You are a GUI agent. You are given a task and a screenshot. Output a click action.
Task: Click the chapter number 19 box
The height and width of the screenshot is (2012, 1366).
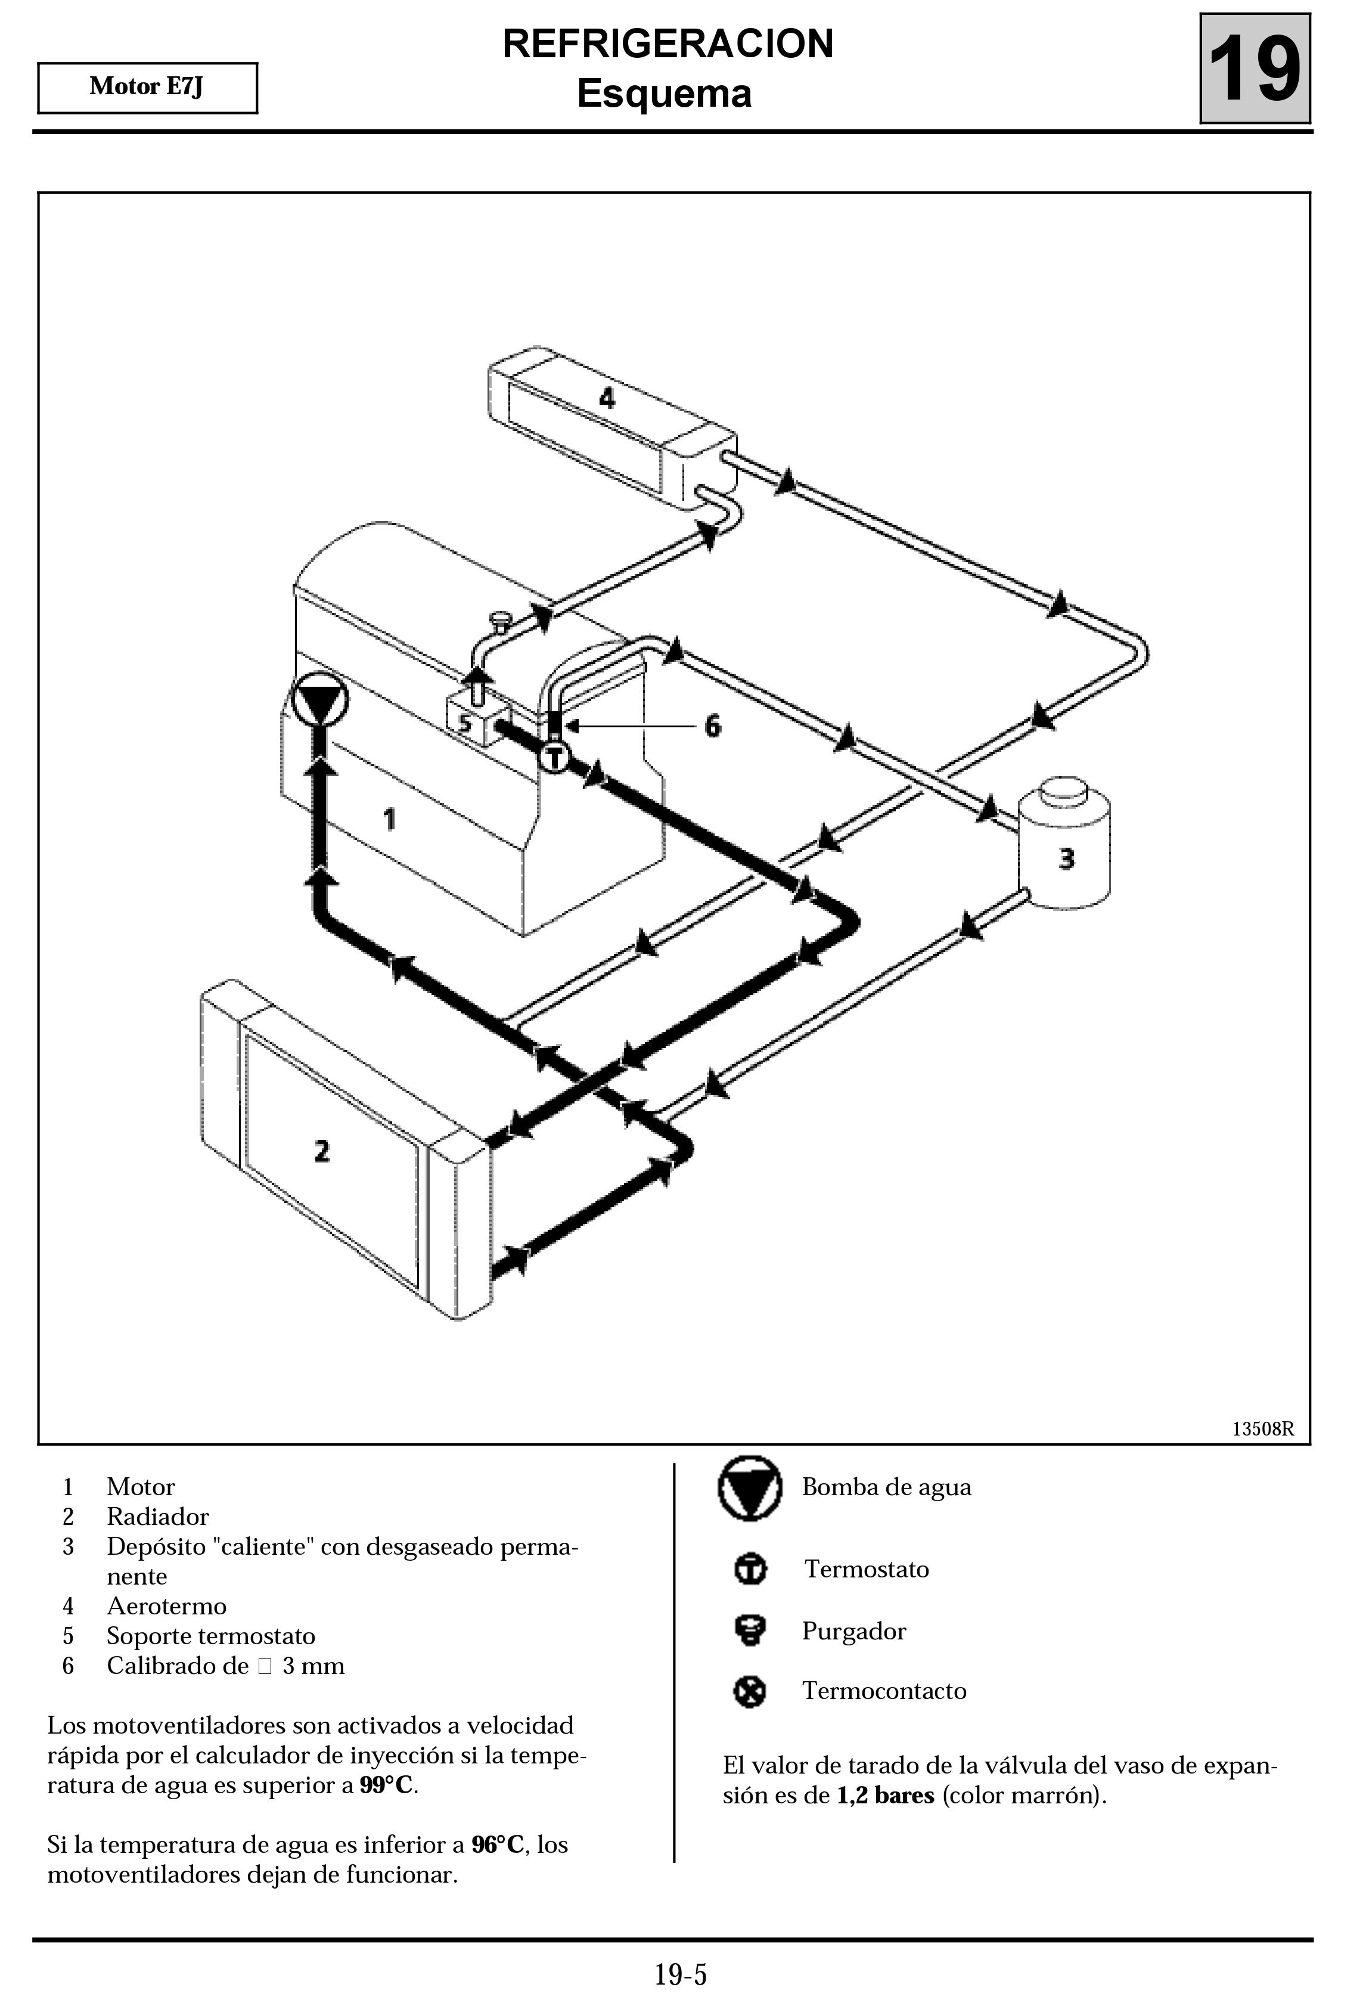pyautogui.click(x=1255, y=69)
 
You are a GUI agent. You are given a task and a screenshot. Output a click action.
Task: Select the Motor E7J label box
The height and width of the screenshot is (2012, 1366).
pyautogui.click(x=147, y=88)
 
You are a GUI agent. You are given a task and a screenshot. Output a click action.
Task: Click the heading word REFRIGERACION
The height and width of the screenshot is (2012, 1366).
pyautogui.click(x=668, y=44)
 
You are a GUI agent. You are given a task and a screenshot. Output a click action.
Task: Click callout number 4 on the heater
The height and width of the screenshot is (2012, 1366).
pyautogui.click(x=607, y=398)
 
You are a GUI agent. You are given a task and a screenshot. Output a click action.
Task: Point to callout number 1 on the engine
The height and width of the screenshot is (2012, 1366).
pyautogui.click(x=390, y=818)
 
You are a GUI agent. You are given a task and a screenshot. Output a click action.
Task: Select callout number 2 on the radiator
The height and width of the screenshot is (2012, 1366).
pyautogui.click(x=322, y=1151)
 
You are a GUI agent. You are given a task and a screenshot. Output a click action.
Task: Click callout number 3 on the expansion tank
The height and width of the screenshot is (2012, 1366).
pyautogui.click(x=1066, y=859)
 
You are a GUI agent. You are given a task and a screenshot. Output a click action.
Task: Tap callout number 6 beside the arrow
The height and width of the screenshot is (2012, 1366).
pyautogui.click(x=712, y=726)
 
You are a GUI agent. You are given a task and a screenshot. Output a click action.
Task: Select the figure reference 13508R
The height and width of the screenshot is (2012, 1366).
pyautogui.click(x=1263, y=1428)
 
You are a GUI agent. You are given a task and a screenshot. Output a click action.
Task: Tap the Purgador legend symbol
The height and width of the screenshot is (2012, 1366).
pyautogui.click(x=750, y=1630)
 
